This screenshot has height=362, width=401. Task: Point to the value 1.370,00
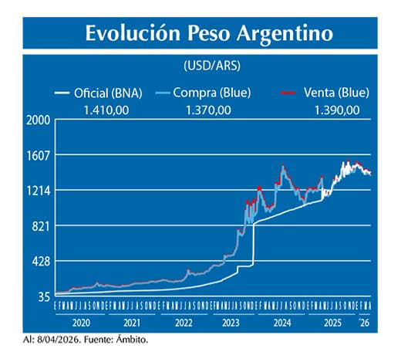(208, 110)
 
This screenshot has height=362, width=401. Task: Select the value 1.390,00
(336, 110)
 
